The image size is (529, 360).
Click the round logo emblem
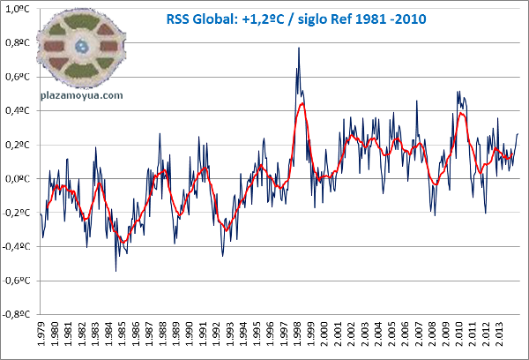[81, 46]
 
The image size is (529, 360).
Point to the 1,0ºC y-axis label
[19, 10]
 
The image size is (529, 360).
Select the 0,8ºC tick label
[19, 43]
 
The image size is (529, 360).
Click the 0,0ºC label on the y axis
[19, 179]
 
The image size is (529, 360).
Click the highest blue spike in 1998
[299, 48]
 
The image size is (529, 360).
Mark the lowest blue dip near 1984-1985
[115, 270]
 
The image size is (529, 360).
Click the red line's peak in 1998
[302, 104]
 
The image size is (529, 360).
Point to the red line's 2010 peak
[461, 114]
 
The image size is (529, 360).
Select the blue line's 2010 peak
[458, 91]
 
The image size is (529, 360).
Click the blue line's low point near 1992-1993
[222, 256]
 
